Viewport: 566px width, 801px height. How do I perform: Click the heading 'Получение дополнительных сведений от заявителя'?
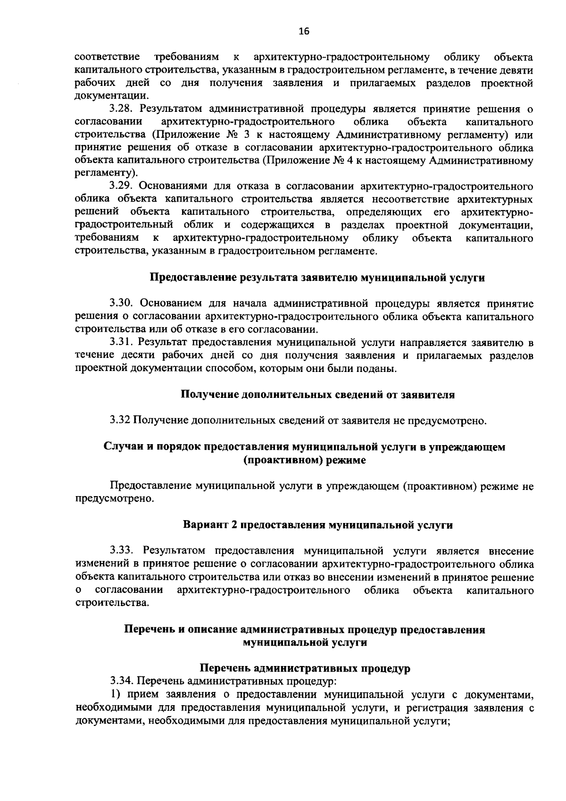[x=318, y=395]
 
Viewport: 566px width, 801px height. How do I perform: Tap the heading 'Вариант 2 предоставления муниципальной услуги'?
[x=318, y=525]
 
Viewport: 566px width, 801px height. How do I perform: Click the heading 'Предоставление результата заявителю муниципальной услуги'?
[x=317, y=278]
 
